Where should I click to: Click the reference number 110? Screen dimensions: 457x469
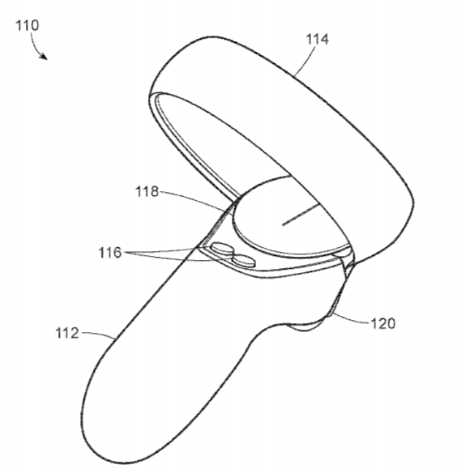[x=28, y=25]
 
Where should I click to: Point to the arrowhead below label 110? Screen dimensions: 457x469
[x=44, y=56]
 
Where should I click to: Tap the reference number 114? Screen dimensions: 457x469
[x=318, y=39]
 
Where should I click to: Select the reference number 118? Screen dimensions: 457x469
[x=147, y=191]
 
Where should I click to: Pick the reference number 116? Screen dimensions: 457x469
[x=110, y=253]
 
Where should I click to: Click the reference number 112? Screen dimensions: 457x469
[x=67, y=333]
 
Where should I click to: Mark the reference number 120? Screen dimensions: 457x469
[x=383, y=323]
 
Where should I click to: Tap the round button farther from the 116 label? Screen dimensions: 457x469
[x=244, y=261]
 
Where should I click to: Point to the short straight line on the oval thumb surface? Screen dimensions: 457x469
[x=301, y=214]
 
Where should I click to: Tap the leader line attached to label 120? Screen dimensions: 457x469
[x=351, y=319]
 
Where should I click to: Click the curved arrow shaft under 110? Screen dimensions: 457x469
[x=36, y=45]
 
